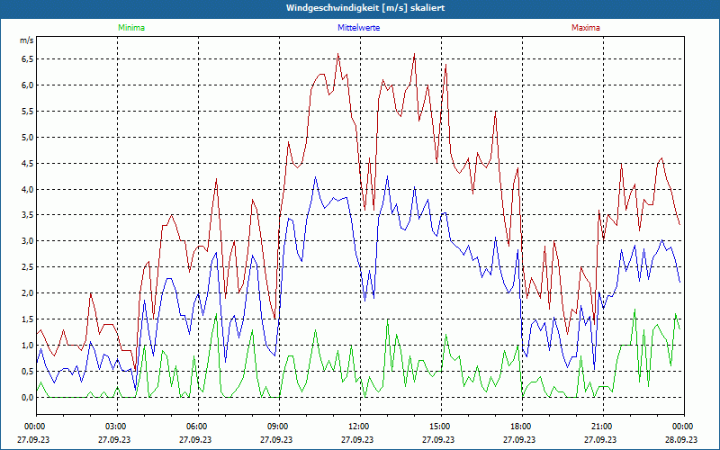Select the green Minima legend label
pos(130,28)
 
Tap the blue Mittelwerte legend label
pos(358,28)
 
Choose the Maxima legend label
pos(586,28)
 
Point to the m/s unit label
pos(26,41)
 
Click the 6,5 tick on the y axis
pos(27,59)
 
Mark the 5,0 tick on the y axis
pos(27,138)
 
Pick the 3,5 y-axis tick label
pos(27,215)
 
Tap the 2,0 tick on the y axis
pos(27,293)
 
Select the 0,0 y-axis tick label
pos(27,397)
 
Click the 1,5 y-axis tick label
pos(27,319)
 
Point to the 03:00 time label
pos(115,427)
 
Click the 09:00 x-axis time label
pos(277,427)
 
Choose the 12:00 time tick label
pos(358,427)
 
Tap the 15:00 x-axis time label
pos(439,427)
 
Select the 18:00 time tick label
pos(520,427)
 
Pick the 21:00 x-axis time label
pos(601,427)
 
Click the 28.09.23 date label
pos(681,439)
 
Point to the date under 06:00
pos(196,439)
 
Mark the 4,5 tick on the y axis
pos(27,164)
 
